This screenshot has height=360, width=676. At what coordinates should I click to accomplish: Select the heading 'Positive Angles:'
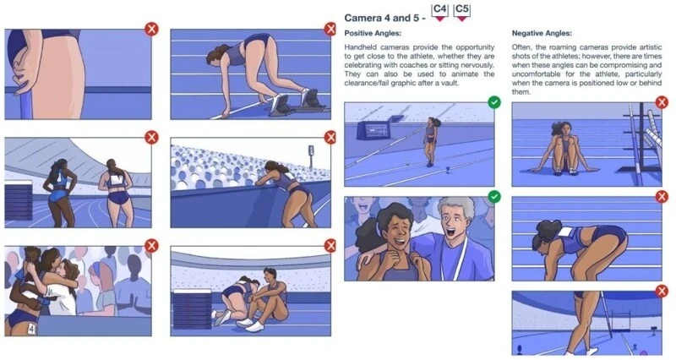point(373,33)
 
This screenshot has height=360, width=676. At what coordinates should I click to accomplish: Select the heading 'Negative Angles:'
point(542,33)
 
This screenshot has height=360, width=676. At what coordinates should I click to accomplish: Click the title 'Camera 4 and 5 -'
point(385,18)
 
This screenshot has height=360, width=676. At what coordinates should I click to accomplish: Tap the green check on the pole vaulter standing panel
point(494,102)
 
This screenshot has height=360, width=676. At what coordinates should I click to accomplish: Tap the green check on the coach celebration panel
point(494,197)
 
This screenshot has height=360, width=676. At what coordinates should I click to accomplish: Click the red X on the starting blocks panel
point(330,30)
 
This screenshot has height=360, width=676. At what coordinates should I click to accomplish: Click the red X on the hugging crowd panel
point(151,246)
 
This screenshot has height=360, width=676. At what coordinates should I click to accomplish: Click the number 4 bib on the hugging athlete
point(31,330)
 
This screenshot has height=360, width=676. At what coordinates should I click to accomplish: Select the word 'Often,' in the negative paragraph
point(521,47)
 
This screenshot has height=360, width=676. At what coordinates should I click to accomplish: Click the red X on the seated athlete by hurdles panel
point(662,102)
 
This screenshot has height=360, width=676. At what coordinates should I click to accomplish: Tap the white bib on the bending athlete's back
point(565,233)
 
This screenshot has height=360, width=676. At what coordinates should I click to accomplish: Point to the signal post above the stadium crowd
point(311,155)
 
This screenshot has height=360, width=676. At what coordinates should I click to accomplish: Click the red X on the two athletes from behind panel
point(151,138)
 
